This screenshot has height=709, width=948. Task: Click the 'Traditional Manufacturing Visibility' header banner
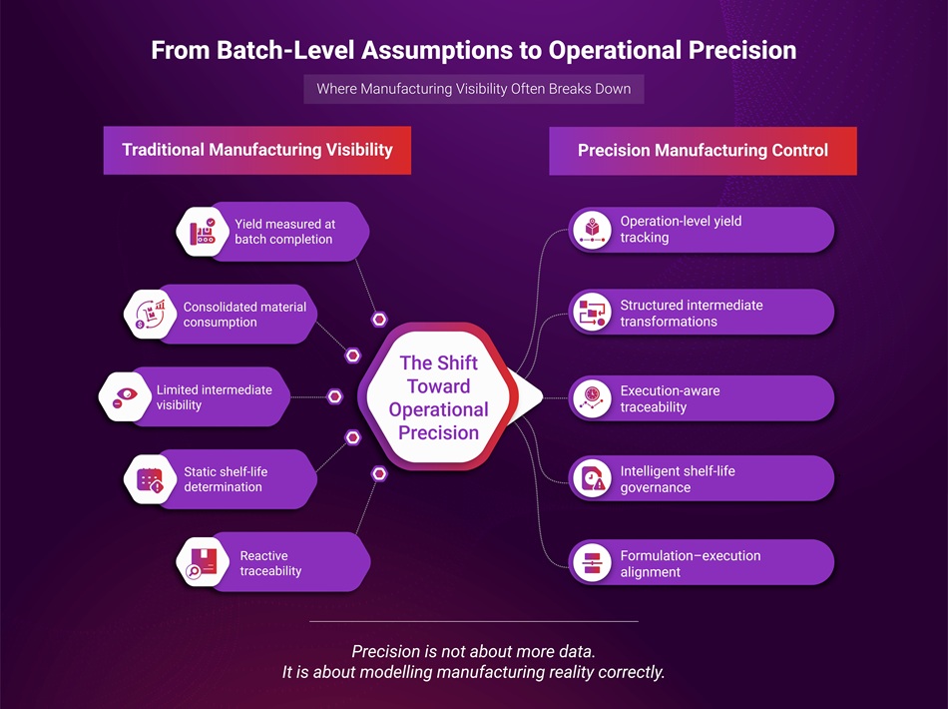click(257, 151)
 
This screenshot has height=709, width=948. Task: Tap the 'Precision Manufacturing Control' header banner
click(703, 151)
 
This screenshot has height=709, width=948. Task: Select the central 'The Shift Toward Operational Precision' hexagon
click(438, 397)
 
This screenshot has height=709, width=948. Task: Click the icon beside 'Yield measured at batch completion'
click(203, 232)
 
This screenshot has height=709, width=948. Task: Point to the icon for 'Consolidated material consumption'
click(150, 315)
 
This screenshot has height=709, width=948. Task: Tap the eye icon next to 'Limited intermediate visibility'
click(125, 397)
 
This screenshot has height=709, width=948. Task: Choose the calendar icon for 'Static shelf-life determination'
click(150, 480)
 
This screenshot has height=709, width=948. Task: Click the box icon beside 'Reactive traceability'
click(203, 563)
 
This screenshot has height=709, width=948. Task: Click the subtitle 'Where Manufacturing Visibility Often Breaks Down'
click(474, 89)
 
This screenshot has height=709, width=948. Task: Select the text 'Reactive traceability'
click(270, 563)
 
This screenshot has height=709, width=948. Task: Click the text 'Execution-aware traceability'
click(670, 398)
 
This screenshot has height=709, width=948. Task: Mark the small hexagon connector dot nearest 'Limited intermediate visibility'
click(335, 397)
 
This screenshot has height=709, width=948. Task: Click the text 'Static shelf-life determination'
click(226, 479)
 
